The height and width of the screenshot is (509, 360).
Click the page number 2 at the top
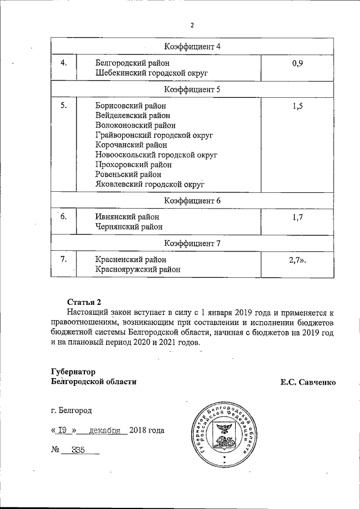(x=192, y=25)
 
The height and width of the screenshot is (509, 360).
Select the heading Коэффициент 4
(x=192, y=46)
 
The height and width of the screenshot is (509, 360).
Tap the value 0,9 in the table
(x=298, y=63)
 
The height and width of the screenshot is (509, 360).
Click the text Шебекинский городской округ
(x=152, y=74)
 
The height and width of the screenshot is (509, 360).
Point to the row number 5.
(x=64, y=105)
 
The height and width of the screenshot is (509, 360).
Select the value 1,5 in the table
(x=298, y=106)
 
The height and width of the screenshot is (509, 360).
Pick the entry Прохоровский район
(x=133, y=165)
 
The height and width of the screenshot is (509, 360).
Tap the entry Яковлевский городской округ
(x=150, y=184)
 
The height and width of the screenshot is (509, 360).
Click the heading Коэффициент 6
(x=192, y=200)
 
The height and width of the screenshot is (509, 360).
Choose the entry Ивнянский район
(x=128, y=217)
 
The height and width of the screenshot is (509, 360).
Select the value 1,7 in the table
(x=298, y=217)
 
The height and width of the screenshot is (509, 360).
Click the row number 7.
(x=64, y=259)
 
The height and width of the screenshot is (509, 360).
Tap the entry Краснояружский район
(x=138, y=269)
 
